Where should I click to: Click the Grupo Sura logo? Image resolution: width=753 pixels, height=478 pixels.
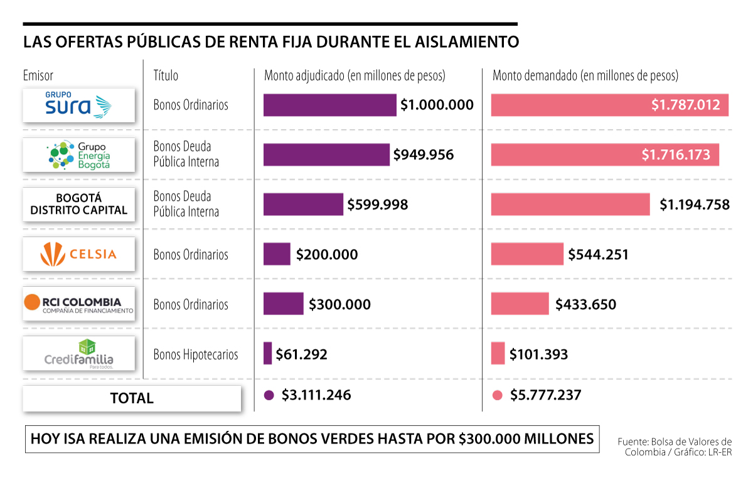pos(78,105)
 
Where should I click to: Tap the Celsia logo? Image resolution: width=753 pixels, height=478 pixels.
pos(78,254)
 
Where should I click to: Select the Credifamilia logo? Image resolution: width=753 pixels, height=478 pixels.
pos(78,354)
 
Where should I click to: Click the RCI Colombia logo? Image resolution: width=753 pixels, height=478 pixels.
pos(78,304)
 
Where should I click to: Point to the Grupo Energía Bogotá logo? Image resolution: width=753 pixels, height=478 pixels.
pos(78,154)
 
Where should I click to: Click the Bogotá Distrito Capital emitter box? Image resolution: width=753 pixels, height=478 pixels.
pos(78,204)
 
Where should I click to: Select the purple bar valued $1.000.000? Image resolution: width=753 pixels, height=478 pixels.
pos(329,105)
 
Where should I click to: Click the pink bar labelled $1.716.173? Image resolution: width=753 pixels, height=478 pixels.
pos(604,154)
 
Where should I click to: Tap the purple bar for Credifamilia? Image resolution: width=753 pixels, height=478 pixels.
pos(268,353)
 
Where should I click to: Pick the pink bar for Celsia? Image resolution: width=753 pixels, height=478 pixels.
pos(527,254)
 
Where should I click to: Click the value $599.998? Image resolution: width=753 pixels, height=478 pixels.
pos(378,204)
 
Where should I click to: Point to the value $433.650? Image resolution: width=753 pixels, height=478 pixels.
pos(585,305)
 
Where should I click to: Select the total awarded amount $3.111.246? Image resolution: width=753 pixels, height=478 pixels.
pos(316,395)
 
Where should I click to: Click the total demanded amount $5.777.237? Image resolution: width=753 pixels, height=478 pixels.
pos(545,395)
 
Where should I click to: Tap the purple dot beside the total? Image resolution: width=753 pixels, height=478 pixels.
pos(270,395)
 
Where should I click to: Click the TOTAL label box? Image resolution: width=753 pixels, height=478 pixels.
pos(132,398)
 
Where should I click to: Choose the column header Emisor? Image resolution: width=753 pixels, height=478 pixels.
pos(38,76)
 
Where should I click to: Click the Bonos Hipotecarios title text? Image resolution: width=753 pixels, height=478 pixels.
pos(196,354)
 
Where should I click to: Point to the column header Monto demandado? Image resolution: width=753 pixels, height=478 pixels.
pos(585,76)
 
